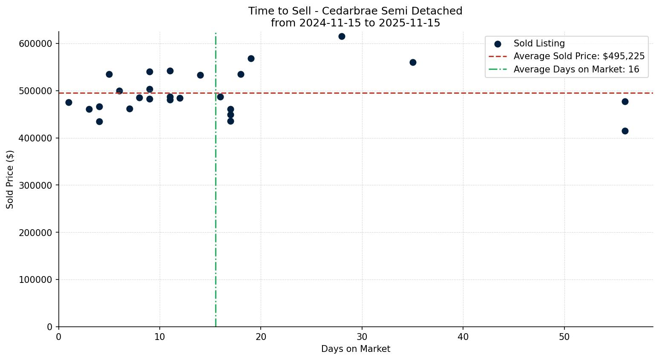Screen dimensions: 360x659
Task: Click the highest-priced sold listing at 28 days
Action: point(342,36)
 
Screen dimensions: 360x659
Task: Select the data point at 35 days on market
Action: point(413,62)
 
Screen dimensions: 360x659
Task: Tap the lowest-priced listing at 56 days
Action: point(625,131)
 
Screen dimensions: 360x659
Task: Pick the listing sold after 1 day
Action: point(69,102)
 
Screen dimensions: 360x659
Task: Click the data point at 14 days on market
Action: point(200,75)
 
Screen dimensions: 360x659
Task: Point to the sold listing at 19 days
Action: point(251,58)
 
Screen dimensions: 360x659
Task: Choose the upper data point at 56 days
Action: point(625,101)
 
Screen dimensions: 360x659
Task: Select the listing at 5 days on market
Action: point(109,74)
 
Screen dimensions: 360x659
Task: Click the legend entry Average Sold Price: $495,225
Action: point(579,56)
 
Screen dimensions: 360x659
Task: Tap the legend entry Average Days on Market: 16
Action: point(576,69)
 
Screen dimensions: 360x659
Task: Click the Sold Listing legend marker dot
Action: point(498,44)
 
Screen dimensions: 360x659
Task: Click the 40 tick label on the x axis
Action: point(463,337)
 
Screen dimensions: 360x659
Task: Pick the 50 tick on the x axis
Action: point(564,337)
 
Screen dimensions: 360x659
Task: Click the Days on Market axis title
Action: point(356,349)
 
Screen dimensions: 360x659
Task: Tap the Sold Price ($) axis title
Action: point(10,179)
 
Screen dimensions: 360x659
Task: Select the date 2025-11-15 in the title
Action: point(414,23)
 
